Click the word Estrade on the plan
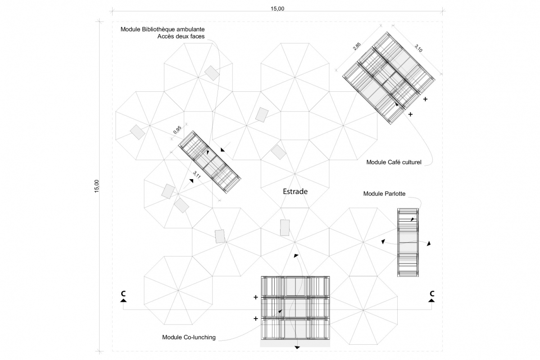click(x=295, y=191)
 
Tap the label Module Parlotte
click(x=384, y=193)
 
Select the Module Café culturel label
click(x=394, y=162)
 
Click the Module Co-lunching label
click(x=189, y=337)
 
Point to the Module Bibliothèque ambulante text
click(x=163, y=29)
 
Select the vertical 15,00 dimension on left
click(x=96, y=186)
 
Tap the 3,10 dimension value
click(x=418, y=48)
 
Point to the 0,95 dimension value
click(x=177, y=130)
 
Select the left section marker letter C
click(x=123, y=294)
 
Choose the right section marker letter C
click(x=431, y=294)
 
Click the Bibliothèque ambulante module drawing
click(x=210, y=162)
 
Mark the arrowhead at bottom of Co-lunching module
click(x=297, y=347)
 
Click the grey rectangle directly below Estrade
click(x=285, y=227)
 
